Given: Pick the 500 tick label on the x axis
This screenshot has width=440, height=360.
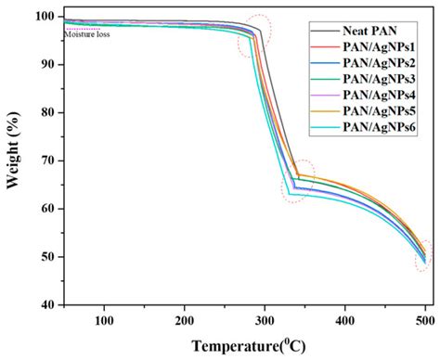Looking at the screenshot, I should (x=424, y=321).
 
